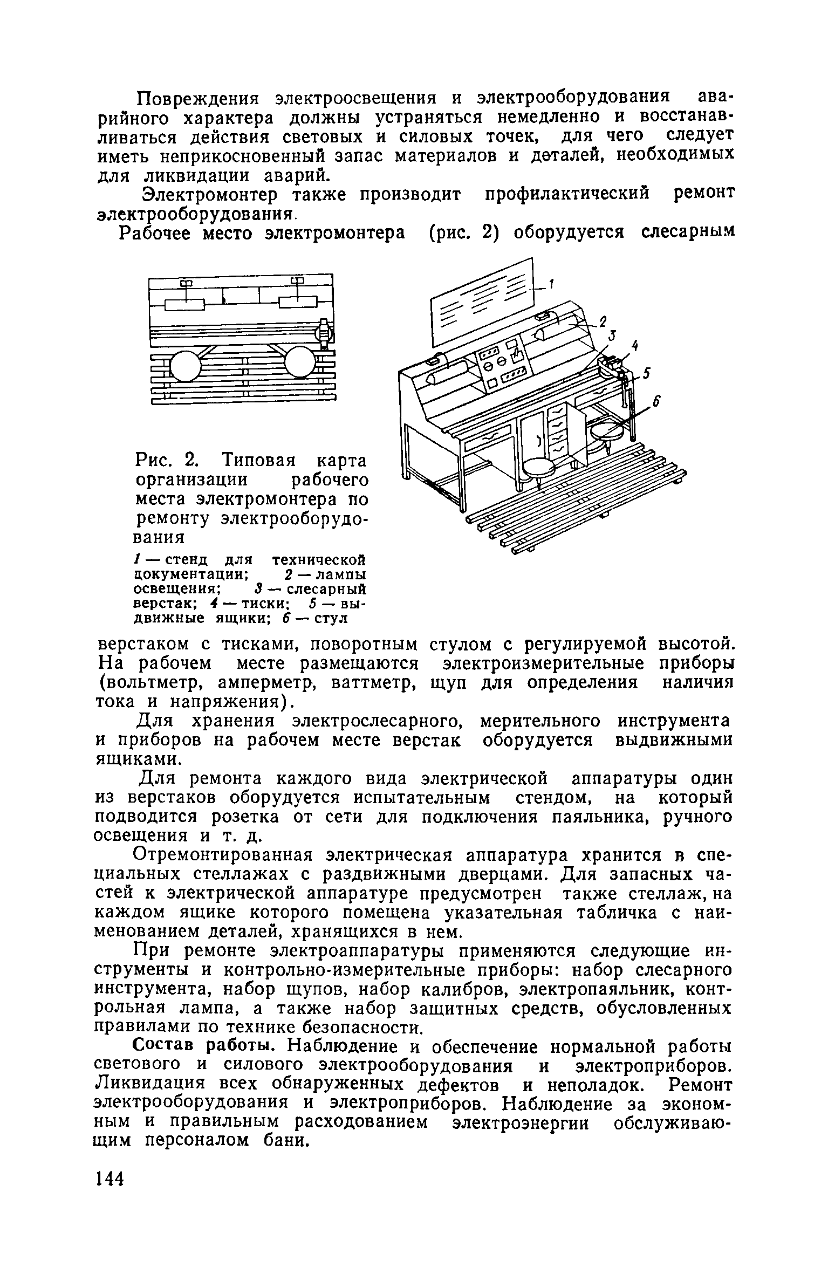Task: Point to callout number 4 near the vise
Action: point(635,346)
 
